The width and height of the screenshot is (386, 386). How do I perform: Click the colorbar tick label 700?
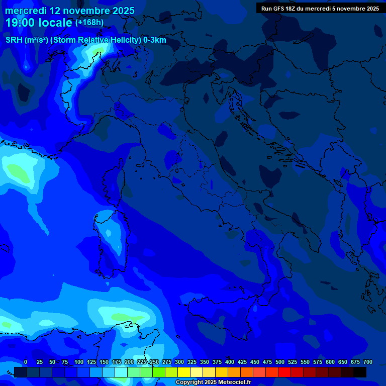(368, 362)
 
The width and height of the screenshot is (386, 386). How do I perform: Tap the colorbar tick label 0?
(26, 362)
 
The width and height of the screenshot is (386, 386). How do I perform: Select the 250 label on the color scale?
(154, 362)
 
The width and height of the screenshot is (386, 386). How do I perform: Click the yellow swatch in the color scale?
(184, 372)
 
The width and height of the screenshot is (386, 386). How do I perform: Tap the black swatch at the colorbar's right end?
(360, 372)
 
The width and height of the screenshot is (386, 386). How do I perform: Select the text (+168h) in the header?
(89, 23)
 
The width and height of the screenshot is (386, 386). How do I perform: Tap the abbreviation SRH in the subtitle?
(14, 40)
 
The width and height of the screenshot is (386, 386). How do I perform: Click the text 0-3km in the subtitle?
(154, 40)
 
